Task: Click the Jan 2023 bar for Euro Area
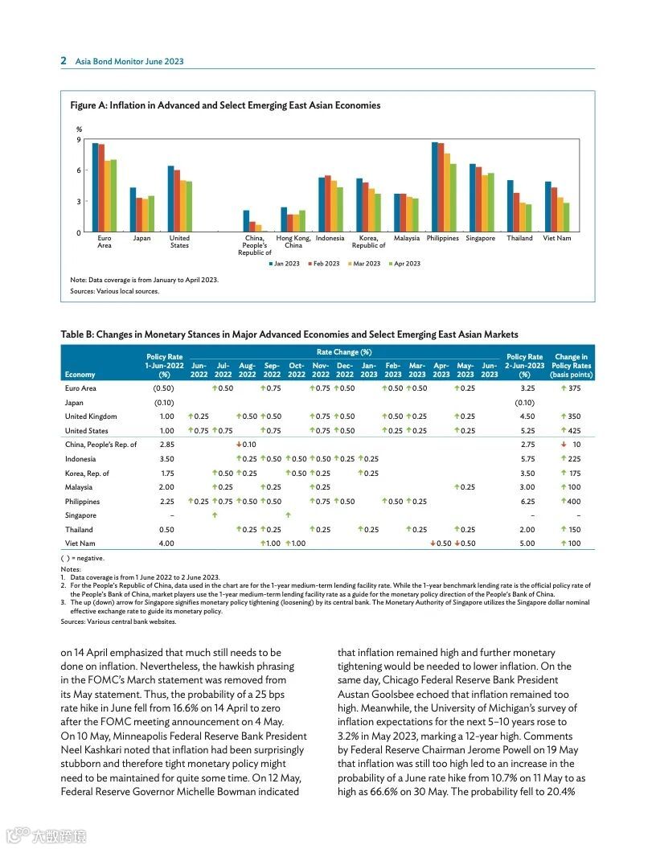(x=95, y=187)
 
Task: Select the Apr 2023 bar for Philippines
(x=453, y=198)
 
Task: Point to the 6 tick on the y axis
(x=79, y=170)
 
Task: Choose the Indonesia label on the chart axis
(x=330, y=238)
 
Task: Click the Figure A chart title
(x=225, y=105)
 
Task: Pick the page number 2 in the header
(x=64, y=61)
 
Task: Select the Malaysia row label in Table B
(x=79, y=487)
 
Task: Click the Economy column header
(x=80, y=375)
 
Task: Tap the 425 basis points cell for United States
(x=571, y=430)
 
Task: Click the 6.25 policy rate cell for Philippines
(x=527, y=502)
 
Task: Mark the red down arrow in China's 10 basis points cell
(x=565, y=445)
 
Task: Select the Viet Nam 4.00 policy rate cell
(x=166, y=543)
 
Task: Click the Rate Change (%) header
(x=343, y=352)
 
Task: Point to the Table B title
(x=289, y=334)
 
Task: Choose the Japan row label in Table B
(x=74, y=402)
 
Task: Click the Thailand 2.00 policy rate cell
(x=527, y=530)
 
